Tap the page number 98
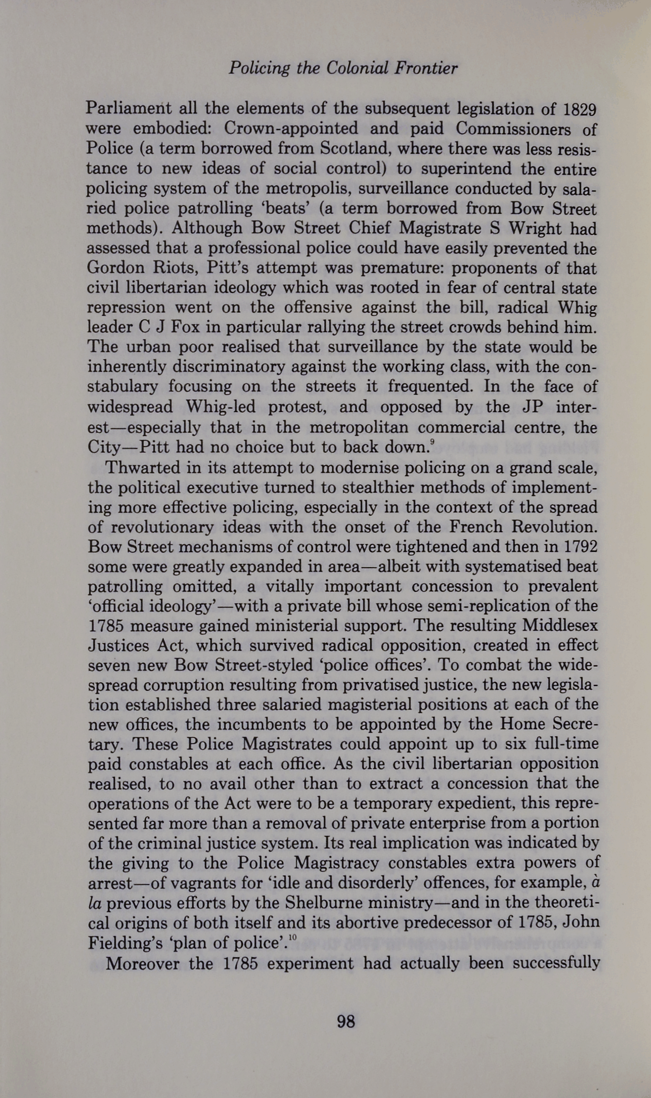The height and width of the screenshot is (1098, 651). coord(346,1021)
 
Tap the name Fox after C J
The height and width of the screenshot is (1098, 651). coord(185,327)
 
